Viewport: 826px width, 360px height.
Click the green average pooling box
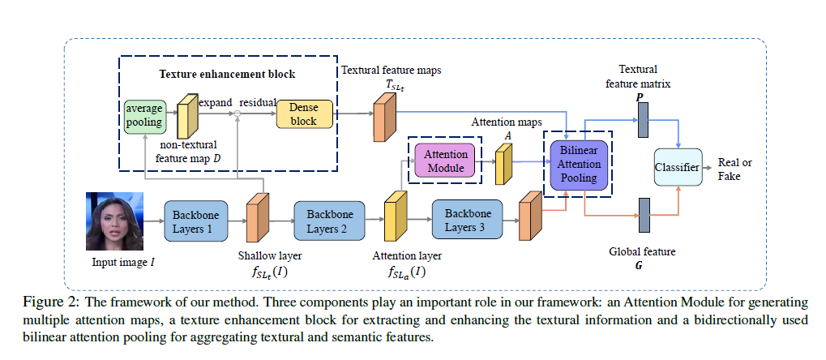(143, 116)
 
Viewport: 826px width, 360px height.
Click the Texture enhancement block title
(226, 75)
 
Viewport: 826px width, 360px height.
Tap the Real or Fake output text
(734, 169)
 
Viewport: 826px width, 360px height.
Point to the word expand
(216, 102)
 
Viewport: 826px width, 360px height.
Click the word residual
(256, 102)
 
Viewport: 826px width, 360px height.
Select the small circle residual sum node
(238, 117)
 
